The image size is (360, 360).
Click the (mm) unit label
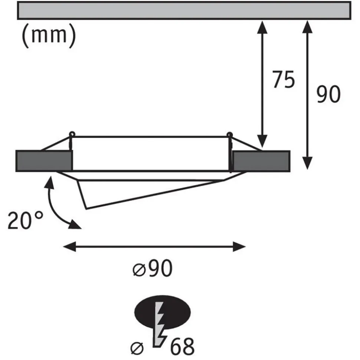pyautogui.click(x=48, y=36)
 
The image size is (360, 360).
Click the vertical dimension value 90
pyautogui.click(x=328, y=95)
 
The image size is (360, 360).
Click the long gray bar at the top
pyautogui.click(x=184, y=10)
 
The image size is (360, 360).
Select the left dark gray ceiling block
pyautogui.click(x=43, y=161)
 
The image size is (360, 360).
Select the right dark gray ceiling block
pyautogui.click(x=261, y=161)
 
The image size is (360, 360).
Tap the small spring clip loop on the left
pyautogui.click(x=71, y=134)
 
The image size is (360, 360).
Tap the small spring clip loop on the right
pyautogui.click(x=230, y=134)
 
